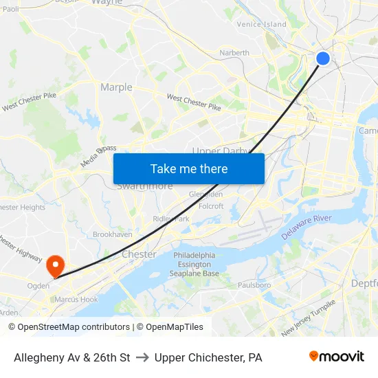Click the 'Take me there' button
tap(189, 168)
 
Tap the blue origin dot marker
tap(322, 58)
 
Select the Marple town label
tap(116, 87)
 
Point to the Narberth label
tap(234, 52)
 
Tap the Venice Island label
tap(261, 24)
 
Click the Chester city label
tap(139, 254)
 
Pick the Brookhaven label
tap(113, 234)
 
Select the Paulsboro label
tap(254, 285)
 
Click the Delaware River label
tap(307, 227)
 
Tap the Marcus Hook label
tap(76, 299)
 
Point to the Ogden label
tap(38, 286)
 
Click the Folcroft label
tap(211, 206)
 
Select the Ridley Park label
tap(170, 219)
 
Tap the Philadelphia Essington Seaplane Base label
tap(196, 264)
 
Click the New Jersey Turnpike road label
tap(309, 316)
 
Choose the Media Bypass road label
tap(98, 156)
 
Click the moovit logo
tap(337, 357)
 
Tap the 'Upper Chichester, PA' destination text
tap(208, 357)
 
